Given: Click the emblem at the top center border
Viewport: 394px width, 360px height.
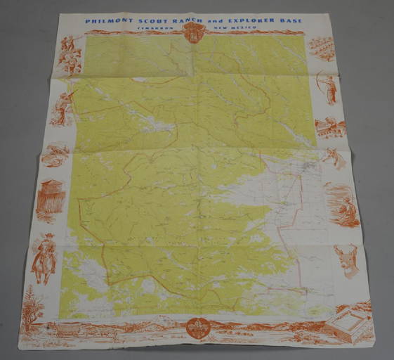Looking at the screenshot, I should click(x=192, y=32).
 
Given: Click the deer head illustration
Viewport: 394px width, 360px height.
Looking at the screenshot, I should click(x=346, y=259).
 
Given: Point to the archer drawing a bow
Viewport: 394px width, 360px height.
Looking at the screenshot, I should click(x=328, y=86).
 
